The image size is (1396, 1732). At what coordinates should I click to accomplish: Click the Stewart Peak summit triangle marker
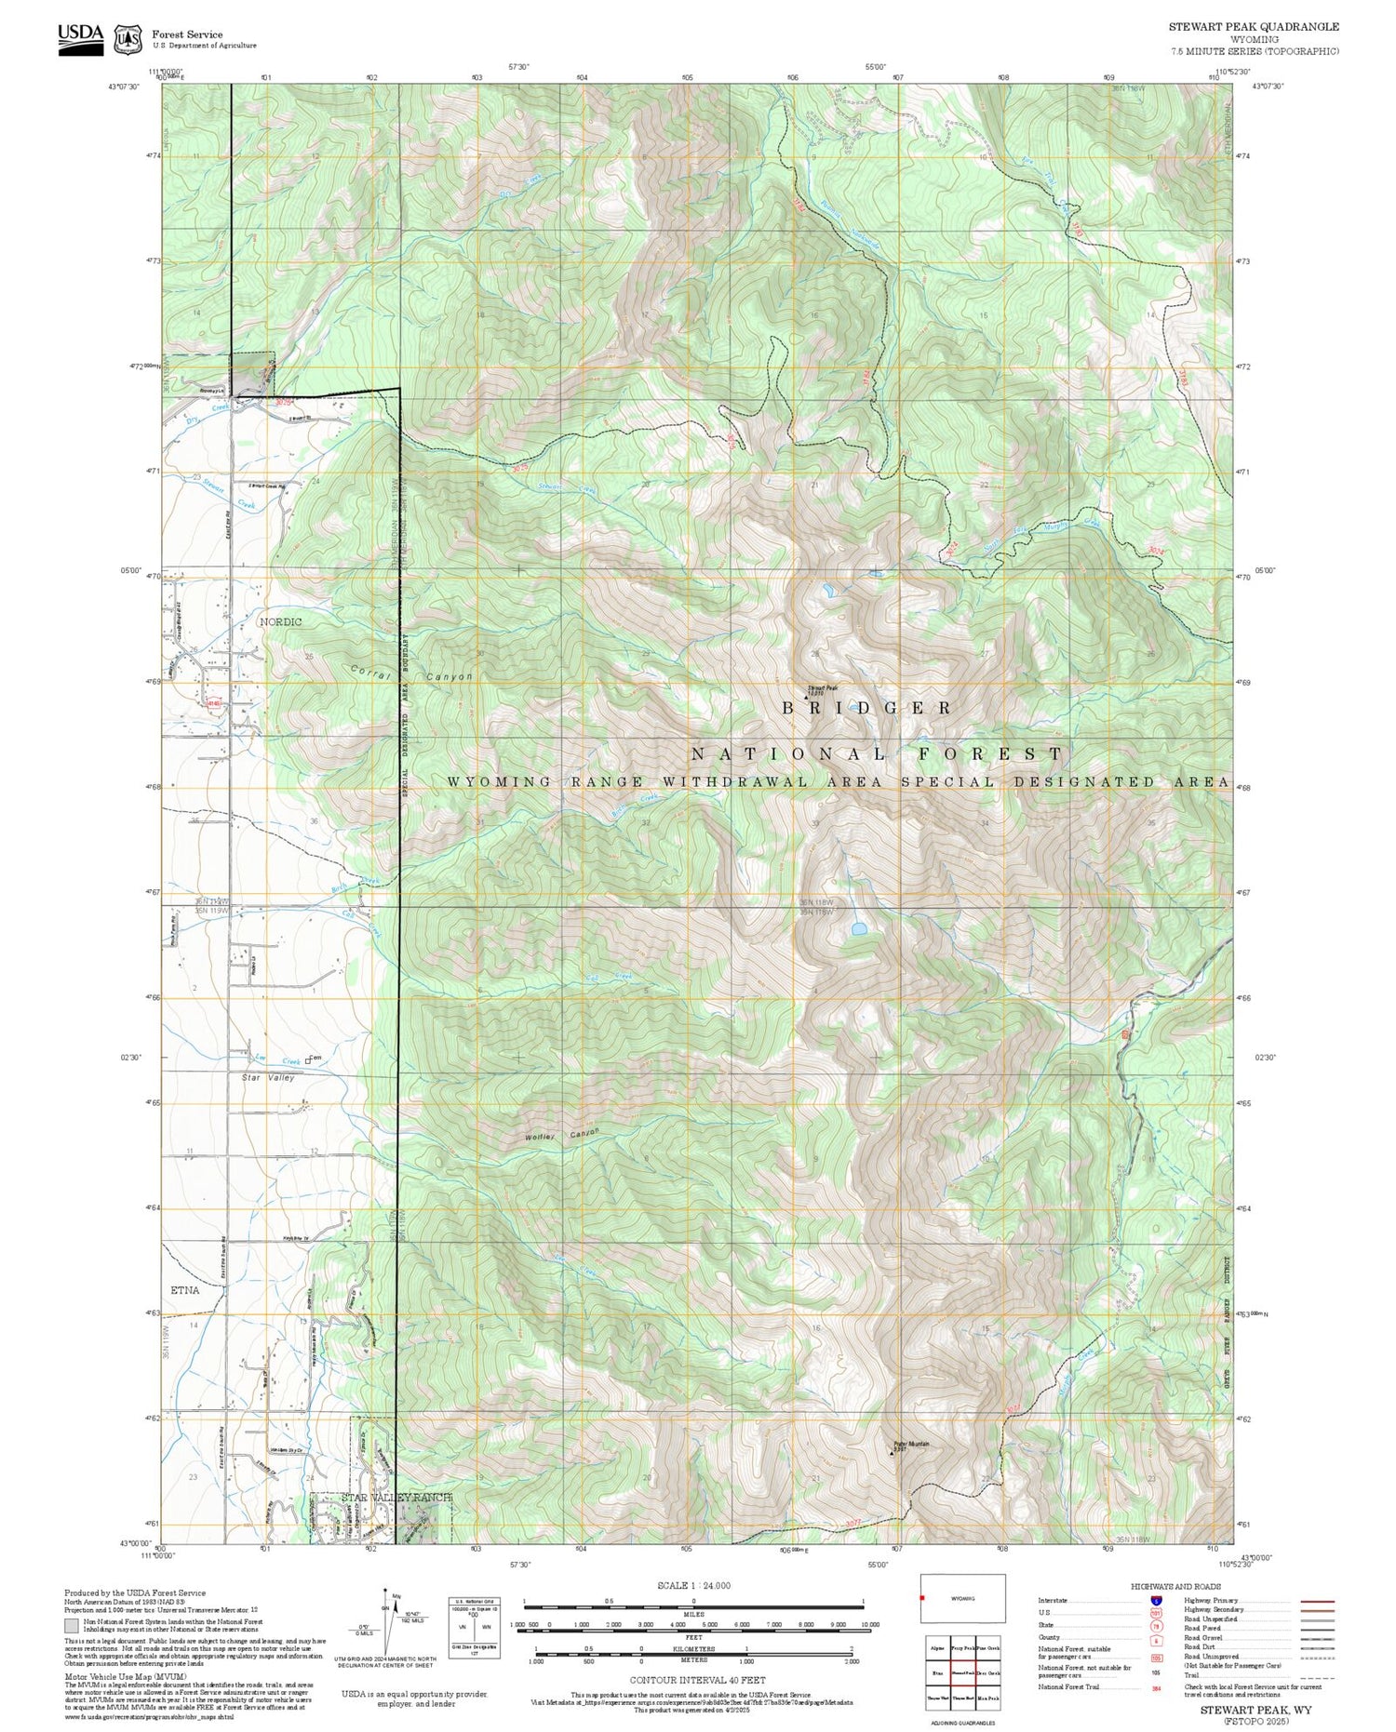tap(806, 686)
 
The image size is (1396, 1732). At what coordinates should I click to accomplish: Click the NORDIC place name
tap(280, 620)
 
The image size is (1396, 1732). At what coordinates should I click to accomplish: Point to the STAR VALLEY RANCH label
tap(383, 1525)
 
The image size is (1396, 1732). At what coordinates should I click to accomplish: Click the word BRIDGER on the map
tap(867, 708)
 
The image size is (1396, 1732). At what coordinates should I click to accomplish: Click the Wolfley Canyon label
tap(562, 1135)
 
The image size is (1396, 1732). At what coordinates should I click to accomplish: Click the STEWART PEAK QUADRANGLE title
tap(1254, 27)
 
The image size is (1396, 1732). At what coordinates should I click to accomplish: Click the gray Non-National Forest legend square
tap(72, 1625)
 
